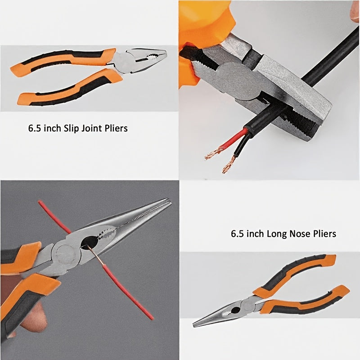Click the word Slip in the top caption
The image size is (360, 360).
[70, 128]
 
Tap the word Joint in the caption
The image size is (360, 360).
[90, 128]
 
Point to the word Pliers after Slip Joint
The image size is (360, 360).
[116, 128]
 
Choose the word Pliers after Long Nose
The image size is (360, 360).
[324, 234]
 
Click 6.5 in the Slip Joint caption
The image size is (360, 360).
[35, 128]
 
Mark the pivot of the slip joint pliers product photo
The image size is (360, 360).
[125, 61]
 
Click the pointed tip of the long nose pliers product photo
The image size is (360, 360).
[194, 325]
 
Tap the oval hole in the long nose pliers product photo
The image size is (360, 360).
[236, 310]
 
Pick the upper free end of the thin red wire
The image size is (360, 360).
[39, 202]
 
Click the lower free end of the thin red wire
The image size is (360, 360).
[152, 319]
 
